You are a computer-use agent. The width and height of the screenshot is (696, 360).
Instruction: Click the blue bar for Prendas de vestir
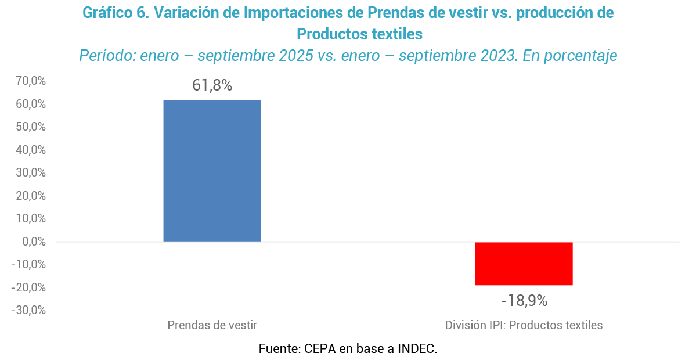coord(212,171)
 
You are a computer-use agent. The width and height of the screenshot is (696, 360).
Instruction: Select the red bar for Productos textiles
coord(524,264)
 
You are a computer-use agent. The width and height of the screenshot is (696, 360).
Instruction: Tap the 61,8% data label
coord(212,86)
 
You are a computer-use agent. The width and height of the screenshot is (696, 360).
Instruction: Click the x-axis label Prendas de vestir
coord(212,325)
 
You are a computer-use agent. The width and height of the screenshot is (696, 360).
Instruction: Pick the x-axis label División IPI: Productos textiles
coord(524,325)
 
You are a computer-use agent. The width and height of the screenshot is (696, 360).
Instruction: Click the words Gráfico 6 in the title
coord(114,13)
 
